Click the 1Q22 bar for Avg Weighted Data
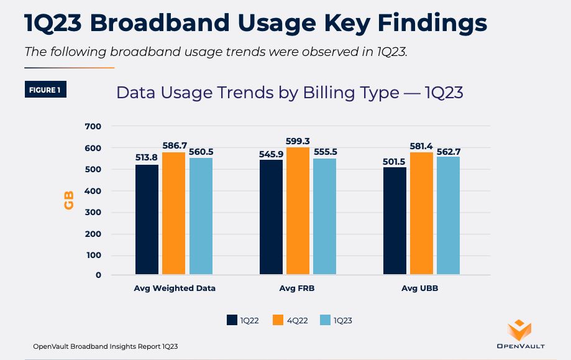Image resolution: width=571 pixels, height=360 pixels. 147,219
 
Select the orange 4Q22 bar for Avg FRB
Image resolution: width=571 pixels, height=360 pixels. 298,211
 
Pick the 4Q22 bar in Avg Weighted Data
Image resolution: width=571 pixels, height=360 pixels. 174,213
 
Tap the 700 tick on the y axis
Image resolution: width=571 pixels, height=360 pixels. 93,126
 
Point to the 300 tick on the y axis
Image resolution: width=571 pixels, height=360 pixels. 93,213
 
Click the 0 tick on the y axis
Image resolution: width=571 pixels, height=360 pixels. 98,275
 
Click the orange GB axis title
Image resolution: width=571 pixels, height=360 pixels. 69,200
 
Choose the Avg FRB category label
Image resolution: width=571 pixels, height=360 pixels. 298,288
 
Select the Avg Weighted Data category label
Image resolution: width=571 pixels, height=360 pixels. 175,288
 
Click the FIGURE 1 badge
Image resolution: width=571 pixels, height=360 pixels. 45,90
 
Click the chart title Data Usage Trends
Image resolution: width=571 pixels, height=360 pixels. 290,93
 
